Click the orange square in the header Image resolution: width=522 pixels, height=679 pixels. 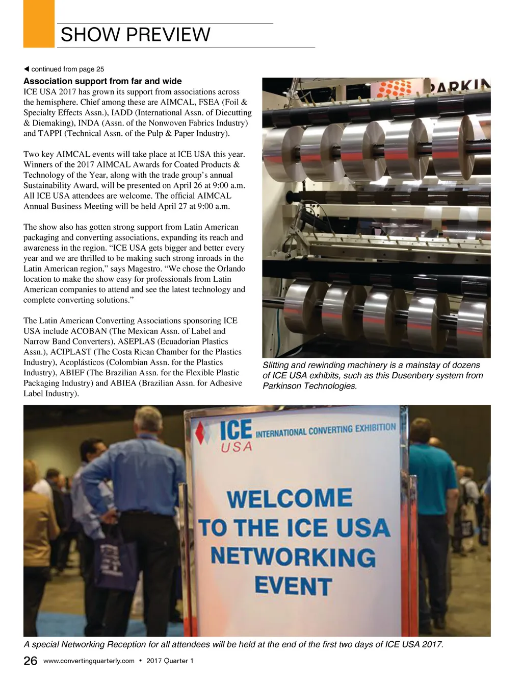point(39,23)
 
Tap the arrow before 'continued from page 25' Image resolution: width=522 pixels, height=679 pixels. point(27,69)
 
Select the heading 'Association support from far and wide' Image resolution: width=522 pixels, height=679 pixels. point(102,81)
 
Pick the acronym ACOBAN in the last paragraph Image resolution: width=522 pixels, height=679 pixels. point(89,331)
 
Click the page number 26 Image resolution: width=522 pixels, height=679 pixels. point(31,661)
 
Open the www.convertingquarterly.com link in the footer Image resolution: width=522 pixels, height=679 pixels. point(89,661)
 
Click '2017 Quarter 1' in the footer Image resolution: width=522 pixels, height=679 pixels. point(170,661)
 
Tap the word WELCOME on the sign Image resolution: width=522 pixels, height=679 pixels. point(290,498)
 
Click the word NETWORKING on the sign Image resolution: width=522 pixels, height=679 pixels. point(293,556)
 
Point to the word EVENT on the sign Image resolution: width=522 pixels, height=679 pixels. point(293,586)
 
